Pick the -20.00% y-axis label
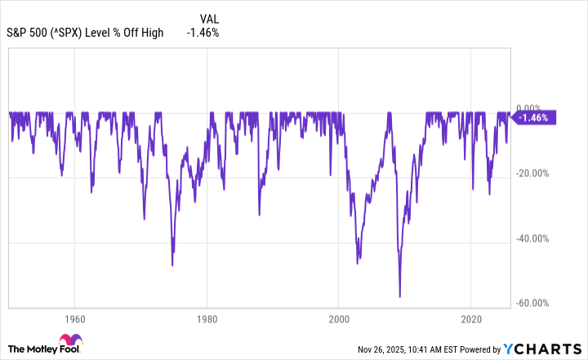point(536,173)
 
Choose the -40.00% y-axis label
point(536,238)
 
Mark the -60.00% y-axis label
point(536,303)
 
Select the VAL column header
point(210,17)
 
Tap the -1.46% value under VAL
point(202,33)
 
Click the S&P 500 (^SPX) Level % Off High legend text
point(85,33)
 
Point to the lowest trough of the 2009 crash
point(399,296)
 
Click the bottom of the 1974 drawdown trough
point(172,264)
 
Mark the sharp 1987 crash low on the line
point(259,216)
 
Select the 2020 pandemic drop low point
point(473,189)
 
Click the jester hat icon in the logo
point(68,341)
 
